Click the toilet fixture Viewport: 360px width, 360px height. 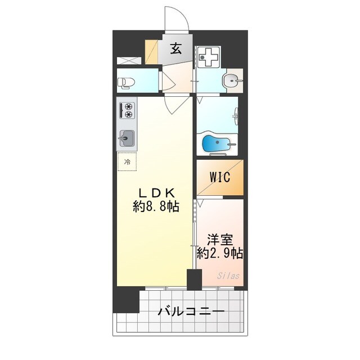pos(126,83)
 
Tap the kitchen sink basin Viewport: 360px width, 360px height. pos(127,138)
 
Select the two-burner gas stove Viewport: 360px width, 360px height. pos(127,111)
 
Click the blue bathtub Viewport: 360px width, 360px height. pos(215,143)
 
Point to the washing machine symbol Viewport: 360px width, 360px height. pos(208,57)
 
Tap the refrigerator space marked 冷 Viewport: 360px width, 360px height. pos(127,161)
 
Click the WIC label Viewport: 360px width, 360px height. pos(220,177)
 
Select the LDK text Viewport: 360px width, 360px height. pos(157,193)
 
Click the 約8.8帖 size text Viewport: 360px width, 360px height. pos(156,206)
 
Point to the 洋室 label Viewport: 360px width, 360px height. pos(220,240)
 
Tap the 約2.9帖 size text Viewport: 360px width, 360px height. pos(220,253)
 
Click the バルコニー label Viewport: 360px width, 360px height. pos(191,312)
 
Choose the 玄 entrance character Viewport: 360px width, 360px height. pos(176,49)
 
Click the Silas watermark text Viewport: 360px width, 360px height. pos(228,276)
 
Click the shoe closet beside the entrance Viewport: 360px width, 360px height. pos(151,52)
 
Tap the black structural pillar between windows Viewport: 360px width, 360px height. pos(194,280)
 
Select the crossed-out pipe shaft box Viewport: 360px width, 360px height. pos(129,60)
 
